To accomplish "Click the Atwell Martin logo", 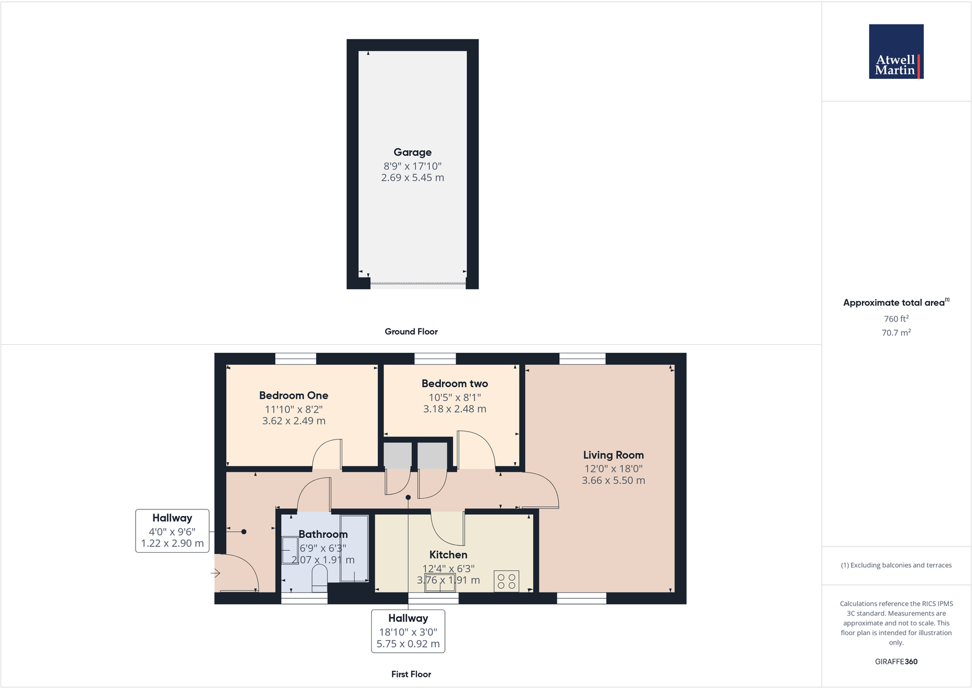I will (896, 51).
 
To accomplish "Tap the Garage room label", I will (413, 152).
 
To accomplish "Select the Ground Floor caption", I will (411, 331).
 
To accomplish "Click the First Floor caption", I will (411, 674).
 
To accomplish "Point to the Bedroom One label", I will (293, 396).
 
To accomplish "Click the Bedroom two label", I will (455, 384).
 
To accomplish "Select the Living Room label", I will (613, 455).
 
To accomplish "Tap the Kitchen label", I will (448, 555).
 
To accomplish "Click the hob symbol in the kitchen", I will (507, 581).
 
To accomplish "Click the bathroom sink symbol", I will (290, 550).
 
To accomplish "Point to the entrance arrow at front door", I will (216, 573).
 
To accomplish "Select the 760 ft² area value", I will (896, 319).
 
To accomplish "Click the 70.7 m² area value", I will (896, 333).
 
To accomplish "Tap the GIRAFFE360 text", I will (896, 661).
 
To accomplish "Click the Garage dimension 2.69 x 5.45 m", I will (413, 178).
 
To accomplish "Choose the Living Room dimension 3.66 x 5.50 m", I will (613, 481).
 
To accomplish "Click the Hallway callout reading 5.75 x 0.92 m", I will (408, 644).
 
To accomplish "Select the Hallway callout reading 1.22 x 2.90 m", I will (172, 543).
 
